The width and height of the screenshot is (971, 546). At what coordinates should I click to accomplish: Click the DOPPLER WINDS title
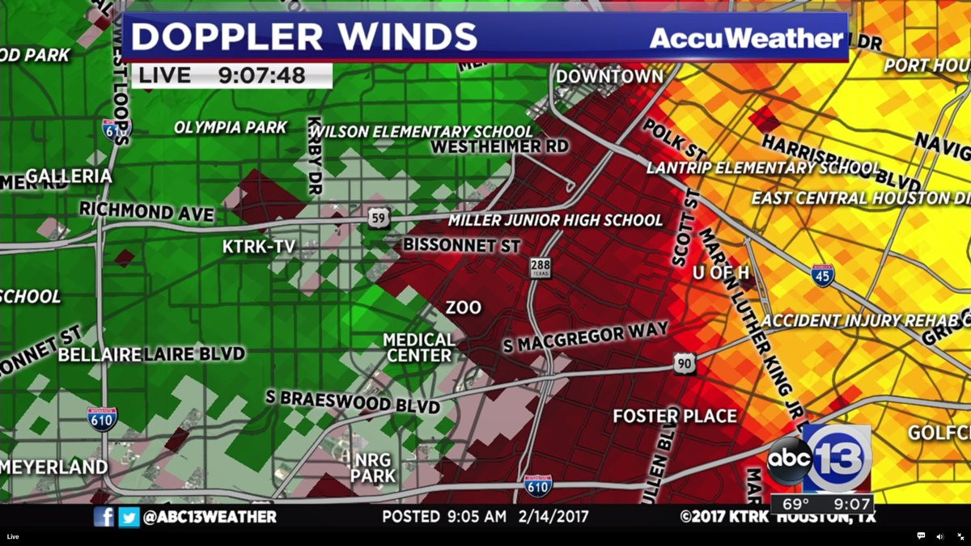tap(304, 37)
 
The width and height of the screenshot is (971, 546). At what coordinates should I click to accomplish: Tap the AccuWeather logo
tap(746, 38)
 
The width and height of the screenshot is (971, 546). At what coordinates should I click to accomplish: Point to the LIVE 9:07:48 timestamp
tap(231, 76)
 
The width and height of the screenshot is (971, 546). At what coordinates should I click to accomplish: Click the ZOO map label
tap(463, 308)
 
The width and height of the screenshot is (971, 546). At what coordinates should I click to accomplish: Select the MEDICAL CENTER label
tap(418, 347)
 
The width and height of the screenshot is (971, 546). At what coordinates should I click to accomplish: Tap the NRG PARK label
tap(373, 468)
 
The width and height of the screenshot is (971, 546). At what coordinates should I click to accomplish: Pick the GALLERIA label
tap(69, 176)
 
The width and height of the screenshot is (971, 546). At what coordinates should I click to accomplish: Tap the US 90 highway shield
tap(685, 363)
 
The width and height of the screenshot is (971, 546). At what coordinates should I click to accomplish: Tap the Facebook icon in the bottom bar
tap(104, 516)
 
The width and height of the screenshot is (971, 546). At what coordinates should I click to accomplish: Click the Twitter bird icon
tap(129, 516)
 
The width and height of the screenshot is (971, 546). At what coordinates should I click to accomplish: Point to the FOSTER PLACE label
tap(675, 417)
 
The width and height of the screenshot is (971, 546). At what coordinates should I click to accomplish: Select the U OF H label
tap(720, 273)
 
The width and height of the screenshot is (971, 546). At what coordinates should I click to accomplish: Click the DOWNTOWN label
tap(609, 76)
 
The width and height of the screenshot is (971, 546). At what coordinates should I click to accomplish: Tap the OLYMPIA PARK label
tap(231, 128)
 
